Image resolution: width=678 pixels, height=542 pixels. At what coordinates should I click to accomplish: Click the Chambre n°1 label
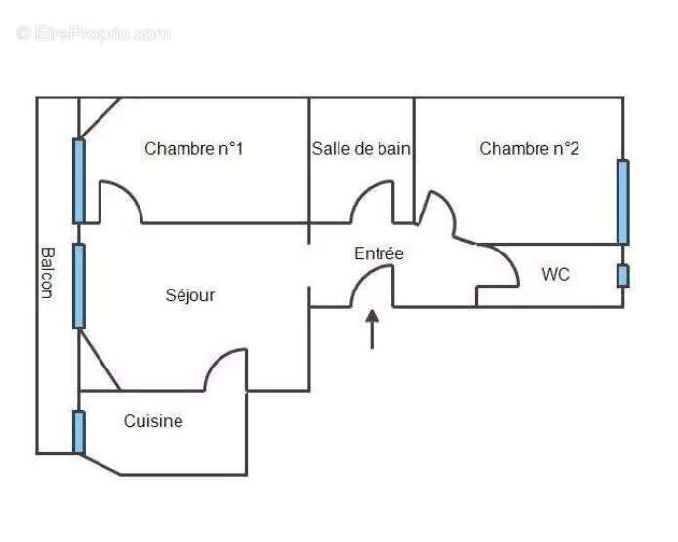coord(194,149)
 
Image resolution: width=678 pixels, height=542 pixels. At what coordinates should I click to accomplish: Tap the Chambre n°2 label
coord(529,149)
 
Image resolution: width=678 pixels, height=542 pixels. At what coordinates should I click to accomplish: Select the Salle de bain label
coord(361,149)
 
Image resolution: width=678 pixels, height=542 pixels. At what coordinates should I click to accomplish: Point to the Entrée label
coord(379,253)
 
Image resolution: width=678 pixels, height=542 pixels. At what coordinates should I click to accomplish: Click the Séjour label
coord(190,295)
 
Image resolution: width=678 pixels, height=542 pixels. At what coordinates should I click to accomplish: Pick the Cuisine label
coord(153,421)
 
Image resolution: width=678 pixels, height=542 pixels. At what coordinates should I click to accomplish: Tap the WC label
coord(556,274)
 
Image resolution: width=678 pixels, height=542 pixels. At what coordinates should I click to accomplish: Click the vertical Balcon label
coord(47,273)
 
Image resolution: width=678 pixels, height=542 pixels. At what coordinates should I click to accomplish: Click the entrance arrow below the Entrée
coord(372,329)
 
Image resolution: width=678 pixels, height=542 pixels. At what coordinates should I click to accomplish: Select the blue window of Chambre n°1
coord(79,180)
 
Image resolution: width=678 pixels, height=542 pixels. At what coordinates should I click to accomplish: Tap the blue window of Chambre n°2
coord(622,202)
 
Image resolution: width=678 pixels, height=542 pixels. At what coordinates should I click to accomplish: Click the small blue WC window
coord(622,276)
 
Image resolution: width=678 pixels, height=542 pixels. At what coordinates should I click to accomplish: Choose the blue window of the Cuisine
coord(79,432)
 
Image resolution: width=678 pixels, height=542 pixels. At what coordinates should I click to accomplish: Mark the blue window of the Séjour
coord(79,287)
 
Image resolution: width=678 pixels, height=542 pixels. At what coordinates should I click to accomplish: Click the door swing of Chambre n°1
coord(131,193)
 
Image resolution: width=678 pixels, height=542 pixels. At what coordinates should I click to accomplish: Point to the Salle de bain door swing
coord(362,193)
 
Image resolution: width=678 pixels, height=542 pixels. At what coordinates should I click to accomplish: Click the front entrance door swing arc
coord(362,277)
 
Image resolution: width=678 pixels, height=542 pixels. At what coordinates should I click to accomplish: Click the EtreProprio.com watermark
coord(94,34)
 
